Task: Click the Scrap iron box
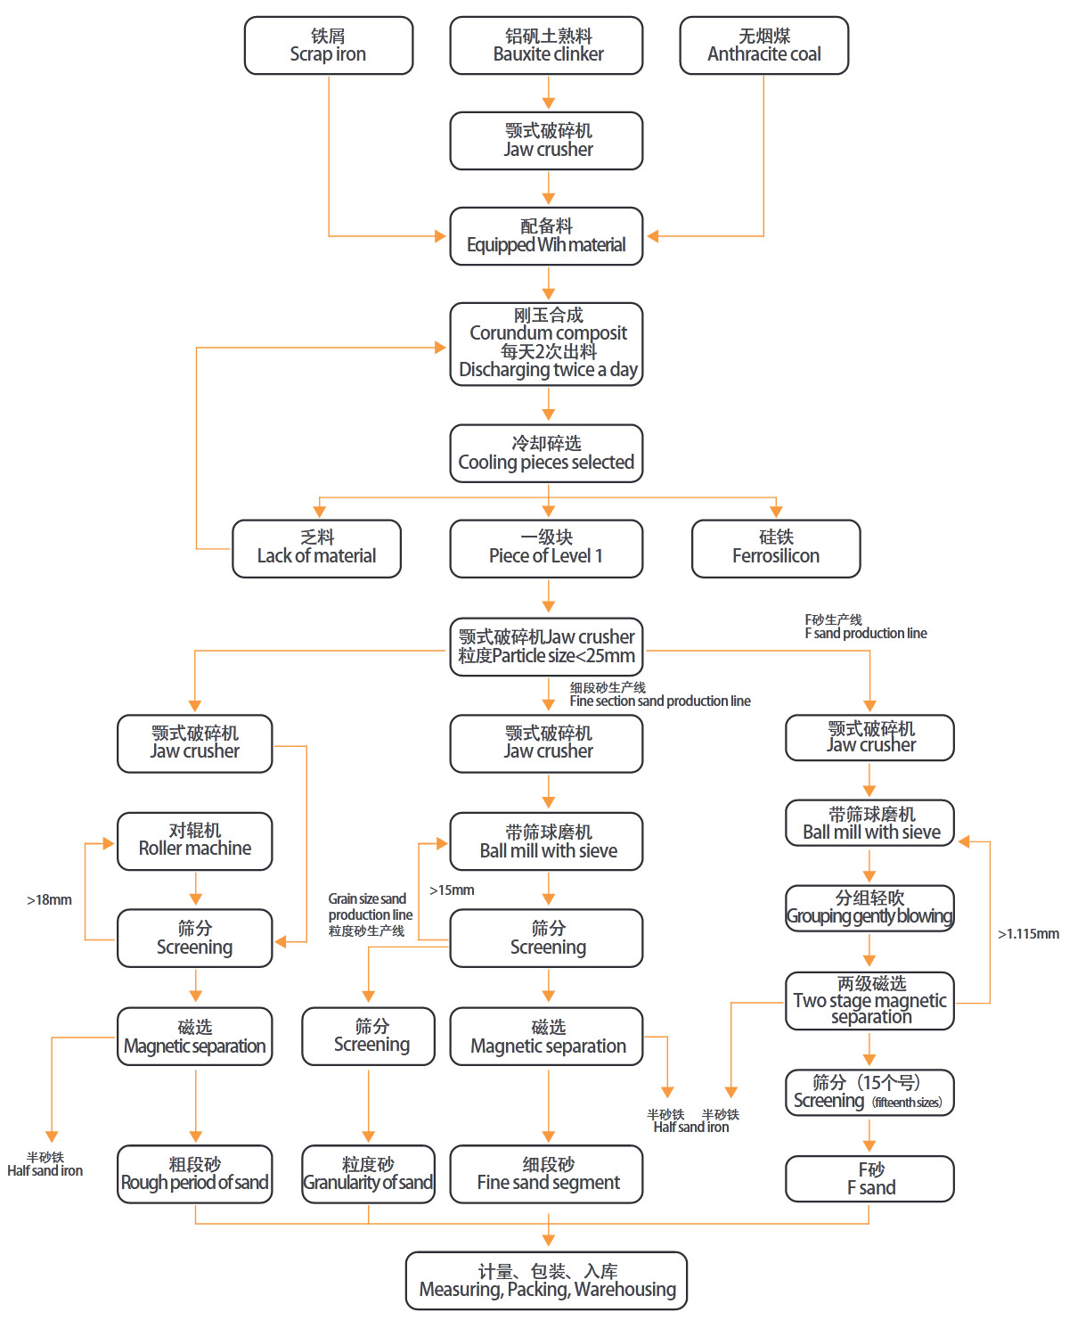pos(329,45)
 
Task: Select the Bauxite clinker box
pos(546,45)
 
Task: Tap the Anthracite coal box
pos(763,45)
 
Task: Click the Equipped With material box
pos(546,236)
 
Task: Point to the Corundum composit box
pos(546,344)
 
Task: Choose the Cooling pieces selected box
pos(546,454)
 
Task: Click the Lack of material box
pos(316,548)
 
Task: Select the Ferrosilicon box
pos(775,548)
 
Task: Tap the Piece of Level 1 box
pos(546,548)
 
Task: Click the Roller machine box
pos(194,841)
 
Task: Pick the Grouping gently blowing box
pos(869,907)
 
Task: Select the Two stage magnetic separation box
pos(869,1001)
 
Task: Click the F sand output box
pos(869,1179)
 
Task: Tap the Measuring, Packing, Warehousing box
pos(546,1281)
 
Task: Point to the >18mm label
pos(49,900)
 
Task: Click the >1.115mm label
pos(1028,934)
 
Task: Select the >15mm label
pos(452,890)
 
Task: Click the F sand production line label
pos(865,627)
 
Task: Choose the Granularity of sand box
pos(368,1174)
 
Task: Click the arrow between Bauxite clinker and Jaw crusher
pos(549,93)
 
